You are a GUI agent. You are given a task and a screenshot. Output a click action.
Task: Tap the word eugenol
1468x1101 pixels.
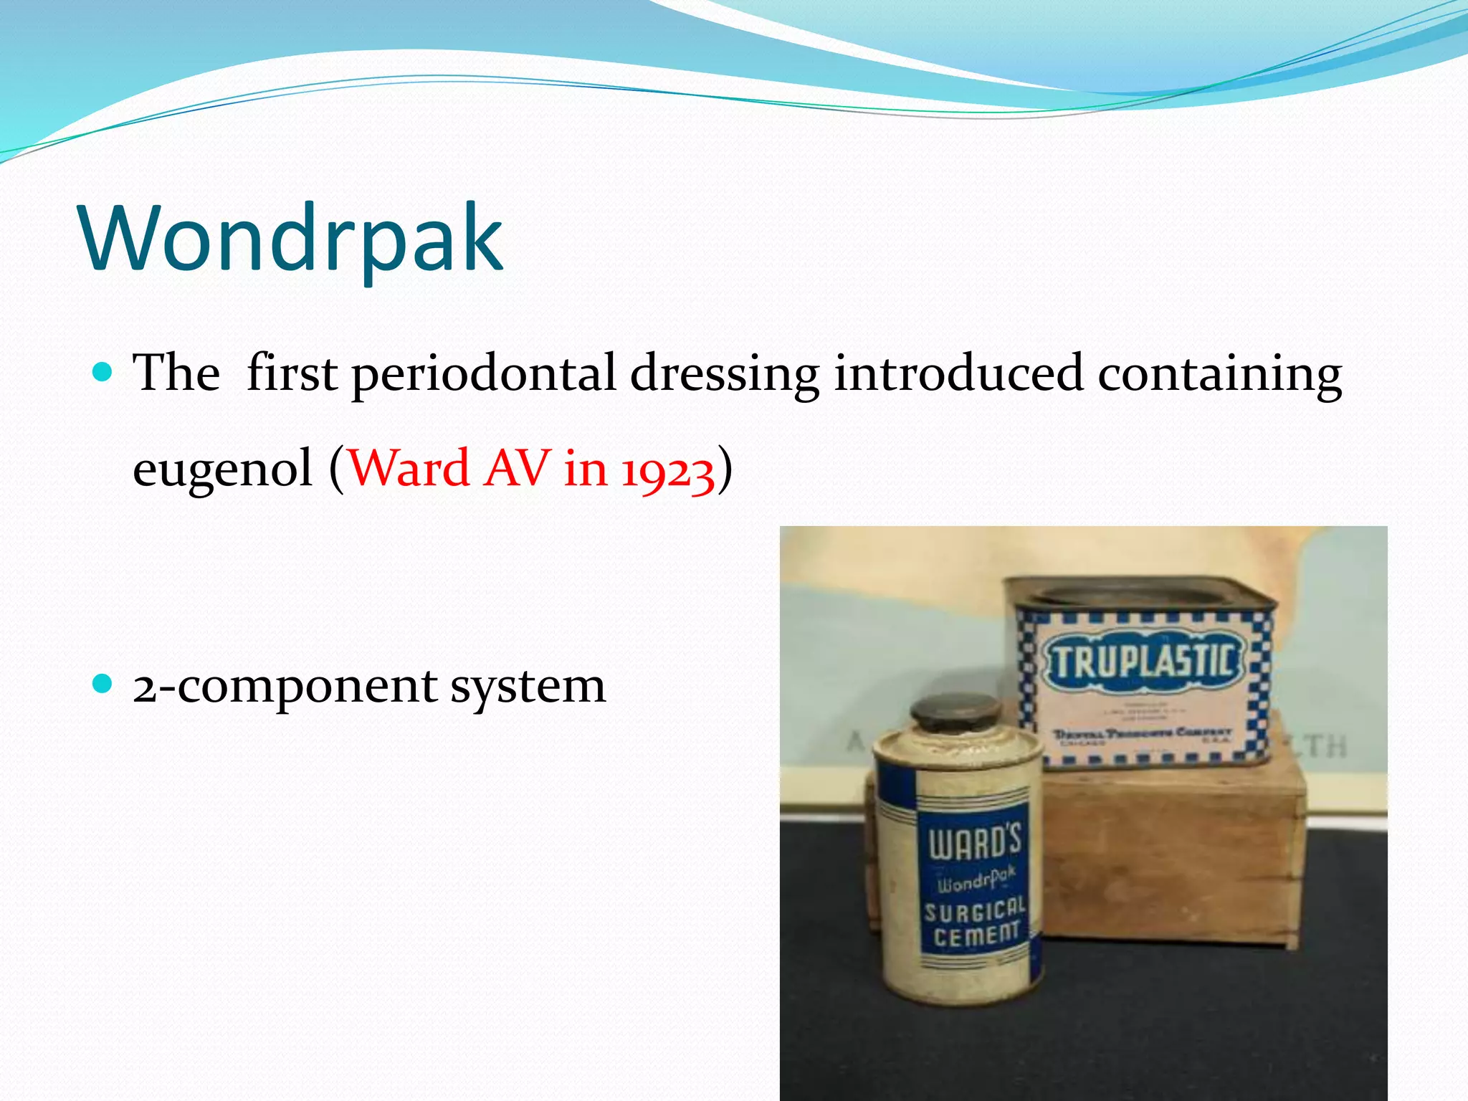pos(223,469)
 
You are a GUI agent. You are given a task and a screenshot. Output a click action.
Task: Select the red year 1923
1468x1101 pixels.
pos(667,471)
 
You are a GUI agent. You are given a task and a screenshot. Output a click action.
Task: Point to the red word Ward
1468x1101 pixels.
pos(409,469)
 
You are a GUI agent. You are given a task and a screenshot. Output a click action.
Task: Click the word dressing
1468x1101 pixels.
pos(724,374)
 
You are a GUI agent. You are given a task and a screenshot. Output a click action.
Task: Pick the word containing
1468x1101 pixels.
pos(1219,374)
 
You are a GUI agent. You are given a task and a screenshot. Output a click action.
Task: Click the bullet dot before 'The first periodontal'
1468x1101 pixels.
pos(103,371)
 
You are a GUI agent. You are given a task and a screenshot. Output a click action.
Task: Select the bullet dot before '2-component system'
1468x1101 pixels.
pos(103,683)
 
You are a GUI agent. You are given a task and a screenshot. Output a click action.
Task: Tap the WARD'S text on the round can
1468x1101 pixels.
pos(974,842)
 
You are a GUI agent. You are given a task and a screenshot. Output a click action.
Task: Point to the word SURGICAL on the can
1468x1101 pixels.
pos(974,911)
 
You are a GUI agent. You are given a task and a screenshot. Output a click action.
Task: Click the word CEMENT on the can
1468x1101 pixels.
pos(976,935)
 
